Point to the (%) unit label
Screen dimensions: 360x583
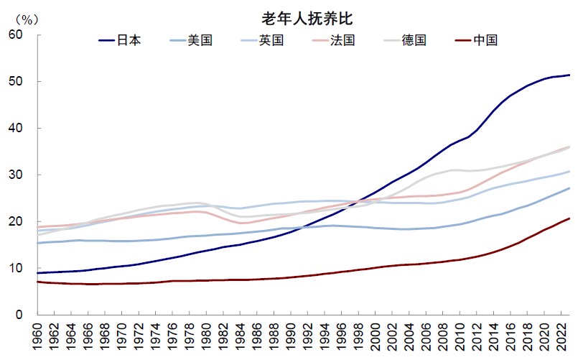(x=25, y=17)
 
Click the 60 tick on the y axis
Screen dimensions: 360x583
(x=16, y=34)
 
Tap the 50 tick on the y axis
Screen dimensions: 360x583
(x=16, y=81)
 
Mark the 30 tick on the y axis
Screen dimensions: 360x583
(x=16, y=175)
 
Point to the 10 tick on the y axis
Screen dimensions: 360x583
(x=16, y=268)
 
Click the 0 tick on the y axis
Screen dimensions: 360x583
(x=19, y=315)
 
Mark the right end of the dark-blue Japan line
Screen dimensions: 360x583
(x=569, y=75)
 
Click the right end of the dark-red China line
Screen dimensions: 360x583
(x=569, y=218)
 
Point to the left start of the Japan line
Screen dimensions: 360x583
(x=37, y=273)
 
